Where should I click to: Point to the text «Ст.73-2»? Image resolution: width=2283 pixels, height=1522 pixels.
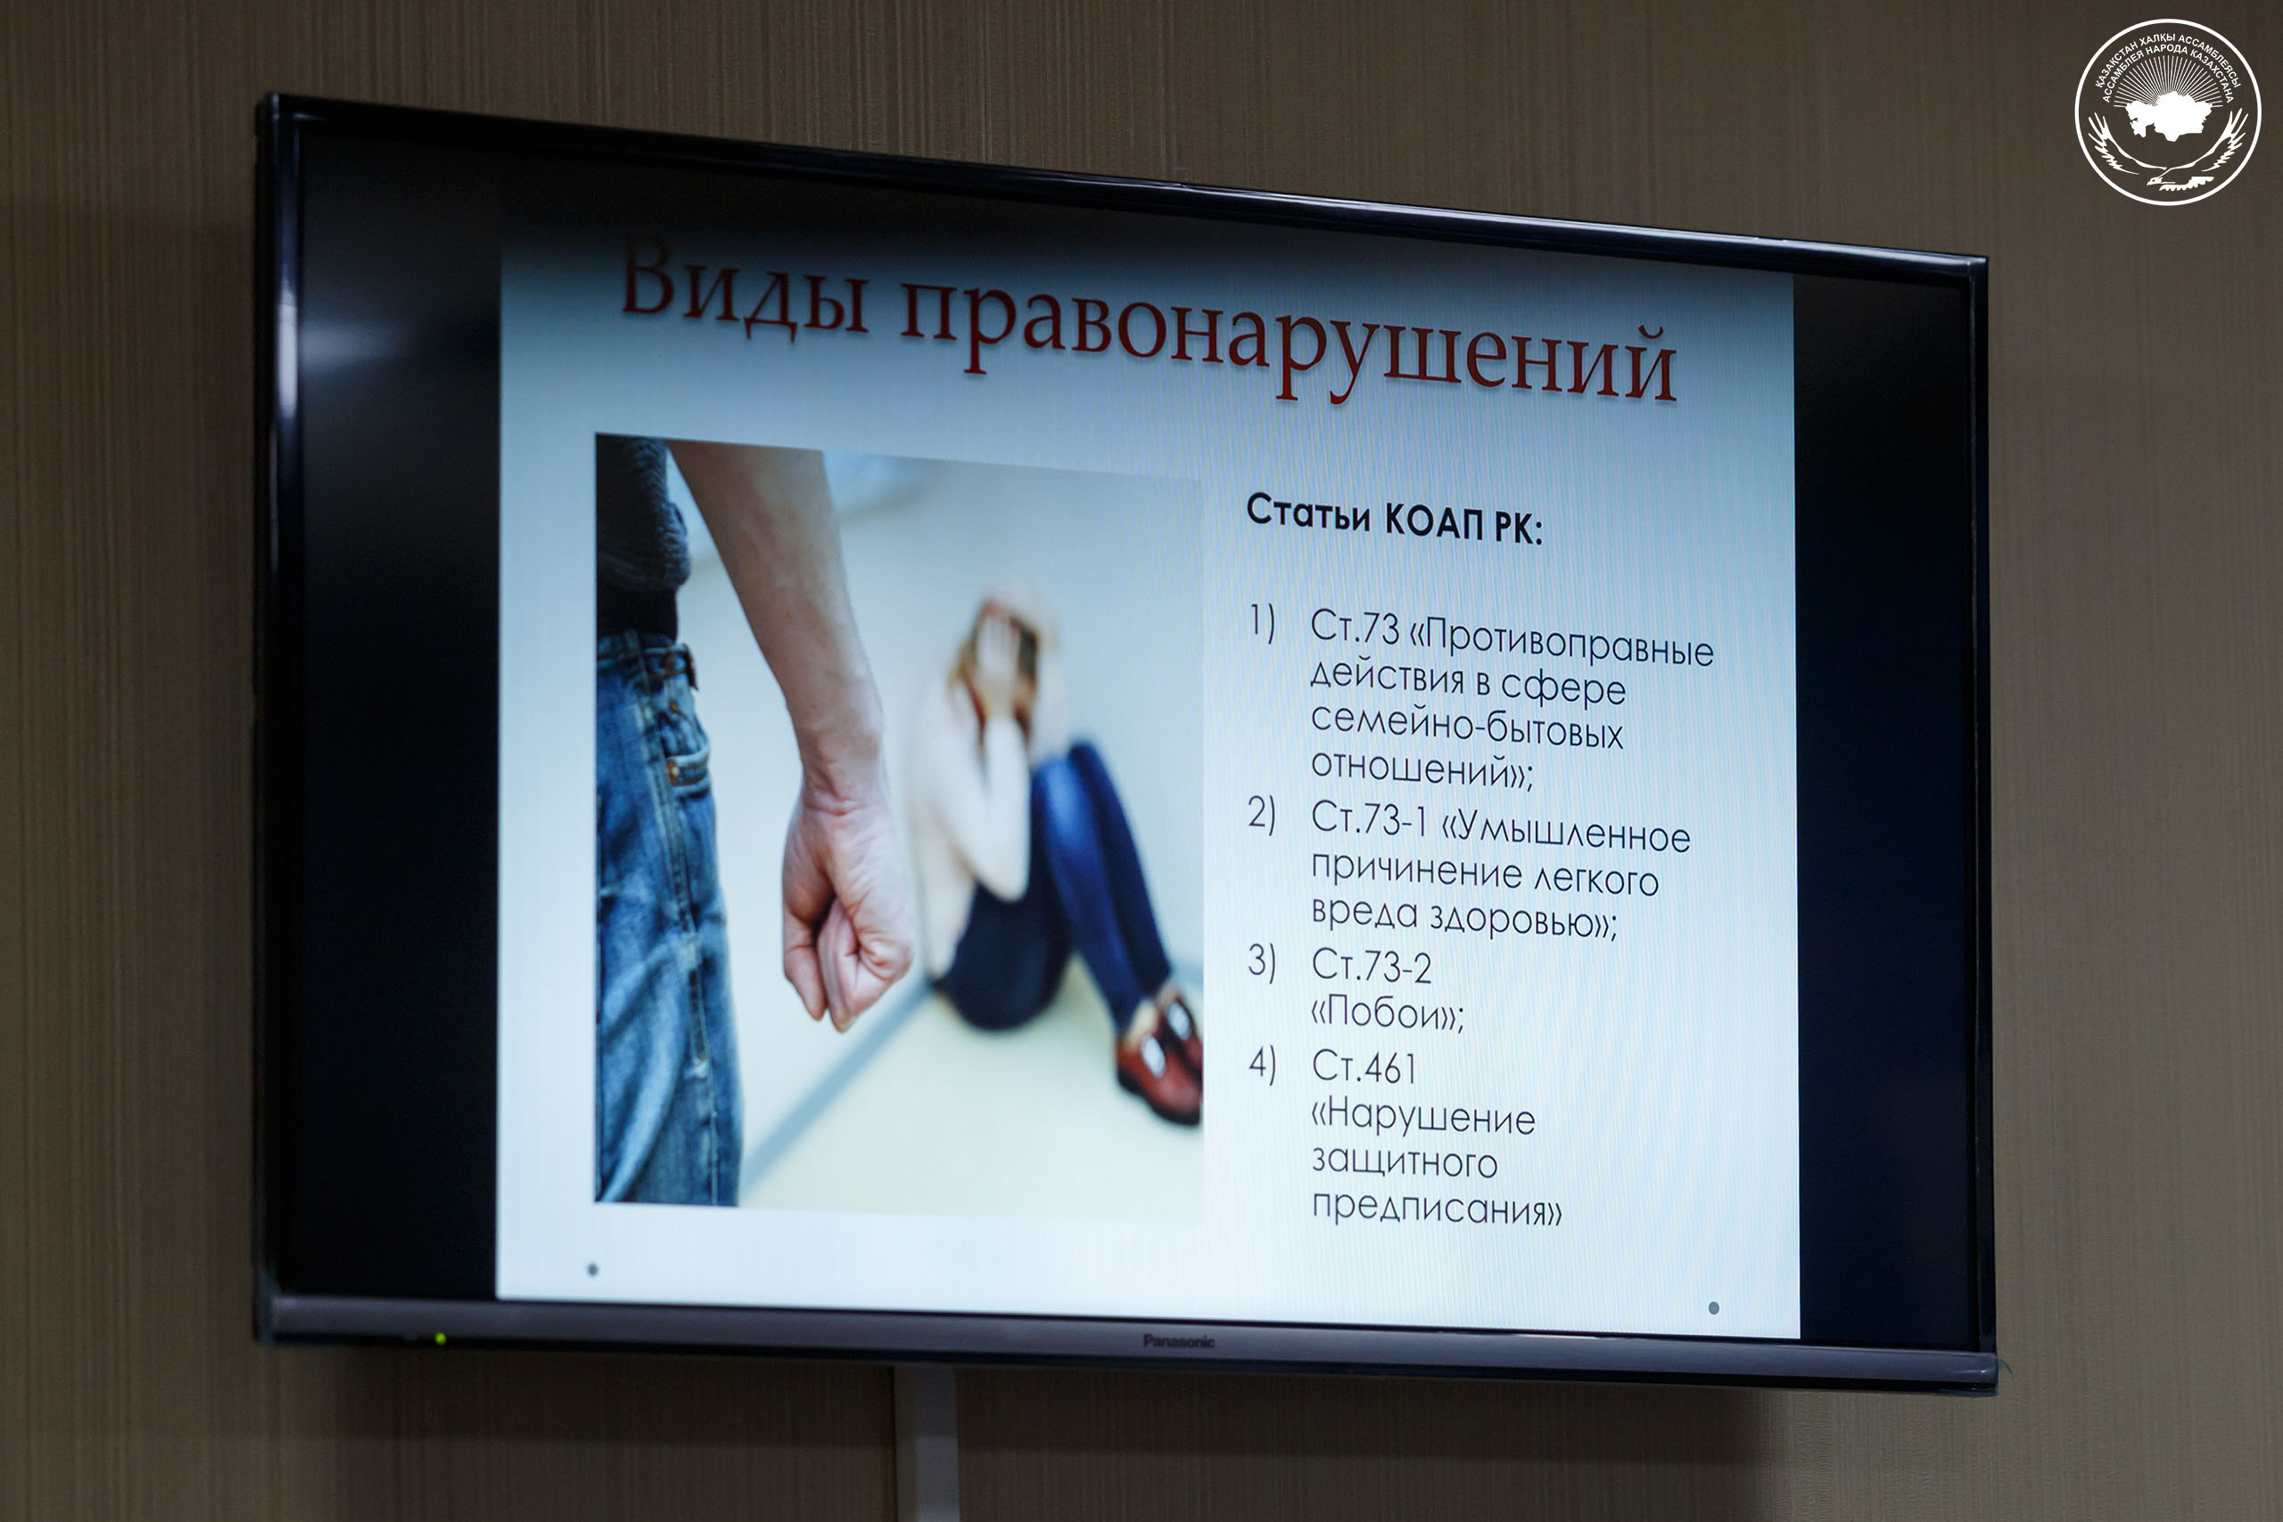(x=1371, y=965)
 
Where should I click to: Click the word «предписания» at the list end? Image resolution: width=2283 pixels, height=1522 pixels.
(x=1437, y=1207)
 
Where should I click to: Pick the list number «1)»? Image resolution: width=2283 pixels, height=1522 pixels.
(x=1262, y=622)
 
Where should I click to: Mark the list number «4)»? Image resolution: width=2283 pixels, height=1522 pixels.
(x=1262, y=1064)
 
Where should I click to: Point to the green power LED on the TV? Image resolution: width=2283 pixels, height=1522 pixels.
(x=441, y=1338)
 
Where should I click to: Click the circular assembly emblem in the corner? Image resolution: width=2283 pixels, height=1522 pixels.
(x=2167, y=111)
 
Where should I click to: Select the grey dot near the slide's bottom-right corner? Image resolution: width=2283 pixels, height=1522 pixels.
(x=1714, y=1307)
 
